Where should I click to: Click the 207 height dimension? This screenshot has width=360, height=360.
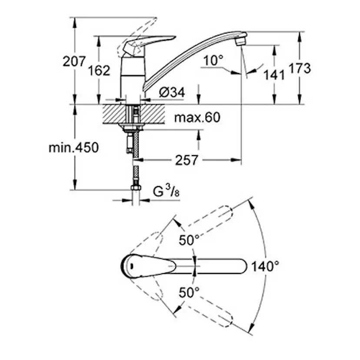(x=74, y=62)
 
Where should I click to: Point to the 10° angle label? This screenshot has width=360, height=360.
(x=213, y=61)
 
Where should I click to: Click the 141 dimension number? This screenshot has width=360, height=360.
(x=273, y=74)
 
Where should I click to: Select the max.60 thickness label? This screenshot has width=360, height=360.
(x=197, y=117)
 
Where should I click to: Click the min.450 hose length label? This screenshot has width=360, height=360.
(x=73, y=147)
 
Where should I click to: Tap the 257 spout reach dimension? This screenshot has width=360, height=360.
(x=187, y=160)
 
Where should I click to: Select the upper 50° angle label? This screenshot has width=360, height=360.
(x=190, y=239)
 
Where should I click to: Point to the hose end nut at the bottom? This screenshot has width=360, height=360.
(x=136, y=189)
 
